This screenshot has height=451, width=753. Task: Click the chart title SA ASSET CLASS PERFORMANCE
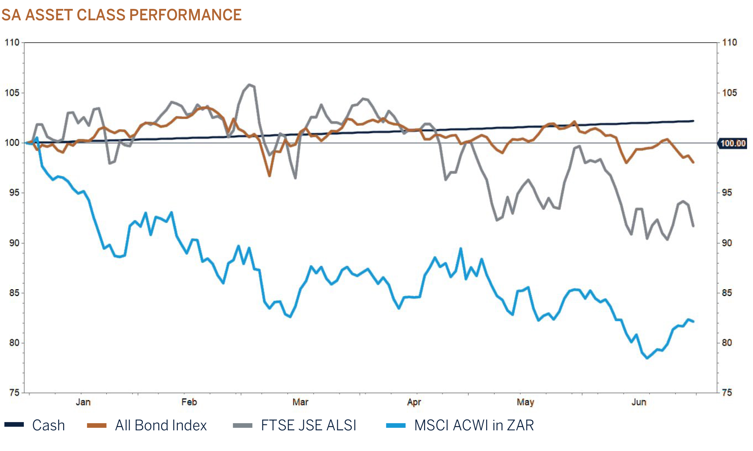(x=121, y=15)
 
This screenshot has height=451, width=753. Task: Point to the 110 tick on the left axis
(x=12, y=42)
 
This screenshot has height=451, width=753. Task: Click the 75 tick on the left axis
(x=14, y=393)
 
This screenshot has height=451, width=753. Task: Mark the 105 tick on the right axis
(x=729, y=93)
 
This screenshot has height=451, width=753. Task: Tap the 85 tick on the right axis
(x=727, y=293)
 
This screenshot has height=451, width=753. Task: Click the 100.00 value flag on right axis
(x=733, y=143)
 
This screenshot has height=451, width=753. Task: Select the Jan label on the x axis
(x=83, y=402)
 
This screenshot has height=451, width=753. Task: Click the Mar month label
(x=300, y=402)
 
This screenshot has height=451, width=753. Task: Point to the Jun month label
(x=639, y=402)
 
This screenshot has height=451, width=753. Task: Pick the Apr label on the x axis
(x=414, y=402)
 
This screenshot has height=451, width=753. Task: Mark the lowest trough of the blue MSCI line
(x=648, y=358)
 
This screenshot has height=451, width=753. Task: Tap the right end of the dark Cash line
(x=693, y=121)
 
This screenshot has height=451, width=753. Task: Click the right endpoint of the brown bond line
(x=693, y=162)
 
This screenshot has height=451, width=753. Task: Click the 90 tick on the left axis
(x=14, y=243)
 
